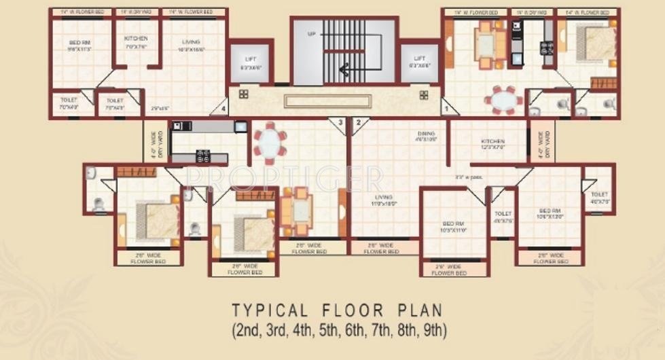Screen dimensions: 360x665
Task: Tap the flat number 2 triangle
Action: click(358, 123)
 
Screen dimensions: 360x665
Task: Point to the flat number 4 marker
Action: click(221, 108)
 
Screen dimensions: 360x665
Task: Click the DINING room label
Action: click(426, 137)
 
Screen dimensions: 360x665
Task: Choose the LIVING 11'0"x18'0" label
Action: click(384, 200)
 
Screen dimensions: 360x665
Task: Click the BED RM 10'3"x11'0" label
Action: click(454, 227)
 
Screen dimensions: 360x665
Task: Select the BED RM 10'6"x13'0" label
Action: click(550, 214)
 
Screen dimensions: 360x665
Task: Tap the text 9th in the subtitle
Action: click(434, 331)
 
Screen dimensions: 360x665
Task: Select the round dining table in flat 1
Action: click(503, 101)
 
